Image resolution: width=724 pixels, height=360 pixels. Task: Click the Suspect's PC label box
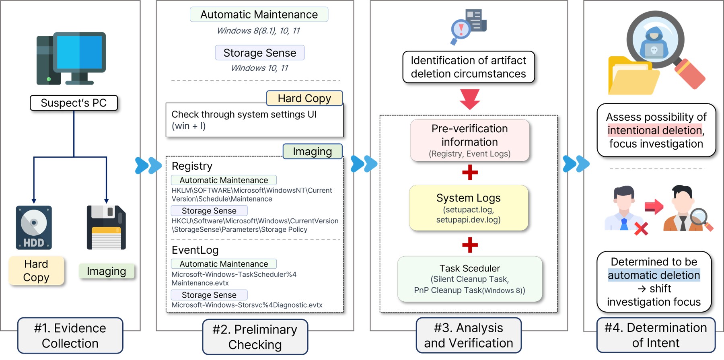[x=74, y=103]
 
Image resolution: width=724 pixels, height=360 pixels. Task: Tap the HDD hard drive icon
[x=34, y=227]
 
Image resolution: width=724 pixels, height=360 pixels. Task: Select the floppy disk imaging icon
[x=106, y=227]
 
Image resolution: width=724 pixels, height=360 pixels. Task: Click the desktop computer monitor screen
[x=79, y=53]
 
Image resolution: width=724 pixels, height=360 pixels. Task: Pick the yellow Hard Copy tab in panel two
[x=304, y=99]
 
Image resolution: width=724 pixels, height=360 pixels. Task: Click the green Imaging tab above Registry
[x=312, y=152]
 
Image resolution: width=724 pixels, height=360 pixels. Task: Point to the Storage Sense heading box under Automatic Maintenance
[x=259, y=53]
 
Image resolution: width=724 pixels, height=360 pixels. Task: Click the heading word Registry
[x=192, y=166]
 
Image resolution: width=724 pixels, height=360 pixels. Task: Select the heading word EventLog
[x=195, y=250]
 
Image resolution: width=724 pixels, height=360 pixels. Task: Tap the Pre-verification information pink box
[x=469, y=140]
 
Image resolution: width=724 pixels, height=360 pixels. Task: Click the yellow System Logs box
[x=469, y=208]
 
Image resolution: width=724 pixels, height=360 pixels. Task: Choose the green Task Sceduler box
[x=469, y=279]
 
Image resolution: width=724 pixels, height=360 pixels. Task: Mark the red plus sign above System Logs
[x=470, y=173]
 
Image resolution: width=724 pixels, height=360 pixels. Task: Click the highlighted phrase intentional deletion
[x=655, y=130]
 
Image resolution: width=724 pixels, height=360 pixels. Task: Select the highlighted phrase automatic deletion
[x=654, y=275]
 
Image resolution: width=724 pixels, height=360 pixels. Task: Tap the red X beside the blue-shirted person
[x=641, y=228]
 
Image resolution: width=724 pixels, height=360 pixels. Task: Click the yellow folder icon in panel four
[x=631, y=78]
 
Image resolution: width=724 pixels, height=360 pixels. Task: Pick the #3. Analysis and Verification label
[x=469, y=335]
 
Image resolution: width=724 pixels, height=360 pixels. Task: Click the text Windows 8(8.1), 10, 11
[x=259, y=31]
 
